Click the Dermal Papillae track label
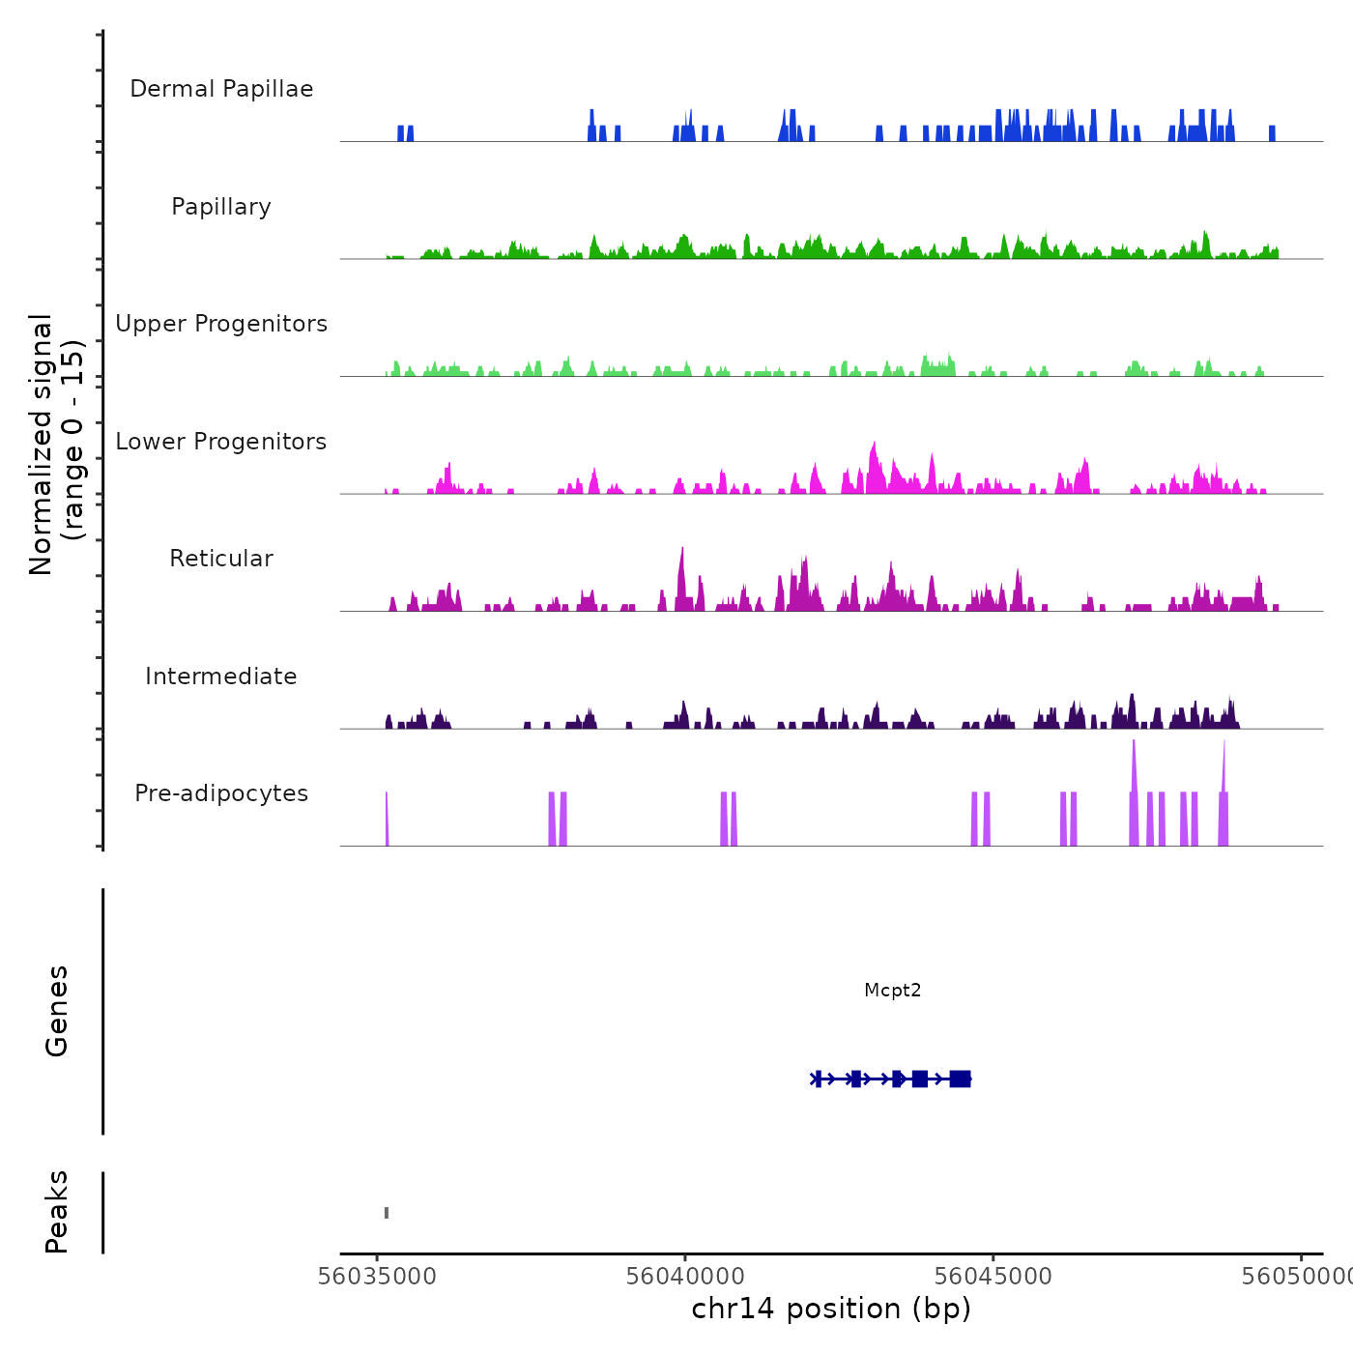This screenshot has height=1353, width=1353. tap(221, 89)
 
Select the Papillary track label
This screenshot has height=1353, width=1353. tap(221, 207)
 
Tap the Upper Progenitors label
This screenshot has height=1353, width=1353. tap(221, 324)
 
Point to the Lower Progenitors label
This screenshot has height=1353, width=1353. tap(221, 442)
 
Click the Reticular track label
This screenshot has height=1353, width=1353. tap(221, 559)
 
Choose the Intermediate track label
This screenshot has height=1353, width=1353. tap(221, 676)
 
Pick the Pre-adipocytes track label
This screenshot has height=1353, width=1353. tap(221, 793)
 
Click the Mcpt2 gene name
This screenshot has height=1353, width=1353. tap(892, 990)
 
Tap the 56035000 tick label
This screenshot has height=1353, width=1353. tap(377, 1277)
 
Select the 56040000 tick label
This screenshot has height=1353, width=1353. tap(685, 1277)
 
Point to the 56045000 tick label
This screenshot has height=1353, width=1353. tap(993, 1277)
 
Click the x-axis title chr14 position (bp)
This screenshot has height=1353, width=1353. tap(831, 1309)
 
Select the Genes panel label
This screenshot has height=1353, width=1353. tap(57, 1011)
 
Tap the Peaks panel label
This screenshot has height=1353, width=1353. tap(57, 1212)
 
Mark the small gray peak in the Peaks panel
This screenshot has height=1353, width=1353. tap(387, 1213)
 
